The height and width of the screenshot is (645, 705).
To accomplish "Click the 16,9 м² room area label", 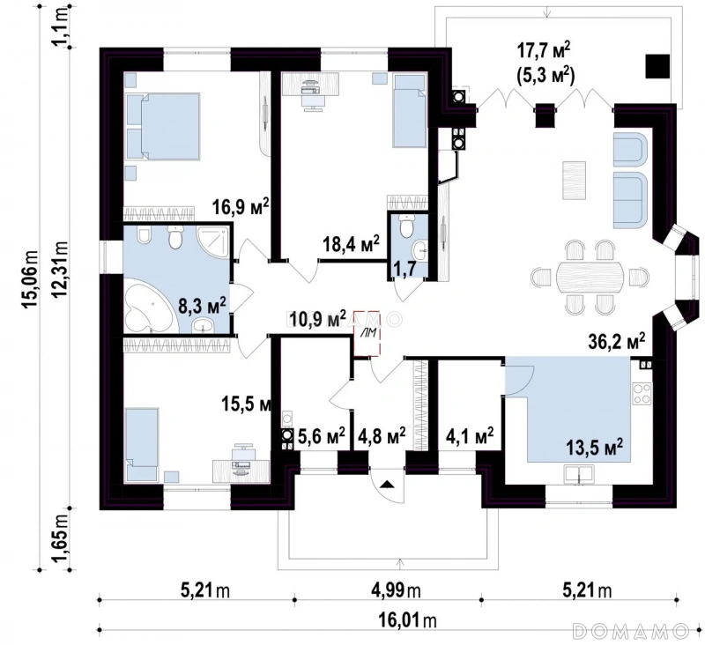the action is [x=241, y=206].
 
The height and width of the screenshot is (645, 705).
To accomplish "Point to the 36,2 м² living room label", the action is [x=616, y=342].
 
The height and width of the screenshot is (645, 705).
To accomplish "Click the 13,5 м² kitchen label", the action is [x=594, y=448].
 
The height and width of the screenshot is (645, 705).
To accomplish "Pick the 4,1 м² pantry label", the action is [x=470, y=434].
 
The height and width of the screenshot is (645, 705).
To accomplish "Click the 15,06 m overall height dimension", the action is [x=31, y=279].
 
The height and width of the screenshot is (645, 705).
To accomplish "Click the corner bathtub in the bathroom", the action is [x=149, y=308].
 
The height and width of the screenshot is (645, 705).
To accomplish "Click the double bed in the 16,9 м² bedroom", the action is [x=163, y=126].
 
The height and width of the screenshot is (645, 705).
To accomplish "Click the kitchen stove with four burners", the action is [x=642, y=393].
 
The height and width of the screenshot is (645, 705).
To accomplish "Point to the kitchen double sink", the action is [x=579, y=475].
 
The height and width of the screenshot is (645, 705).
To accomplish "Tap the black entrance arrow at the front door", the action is [x=388, y=484].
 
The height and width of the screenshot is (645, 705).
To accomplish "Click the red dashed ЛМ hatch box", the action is [x=367, y=333].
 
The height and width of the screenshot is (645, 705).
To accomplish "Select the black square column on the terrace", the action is [x=657, y=66].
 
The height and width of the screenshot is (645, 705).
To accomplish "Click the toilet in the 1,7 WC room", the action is [x=407, y=226].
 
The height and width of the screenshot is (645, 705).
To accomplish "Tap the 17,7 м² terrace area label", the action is [x=544, y=50].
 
